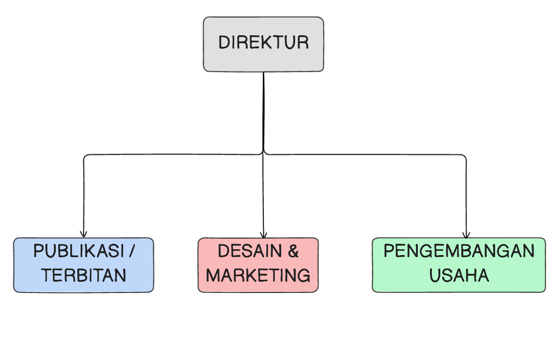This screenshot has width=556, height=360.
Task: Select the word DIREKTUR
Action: (263, 43)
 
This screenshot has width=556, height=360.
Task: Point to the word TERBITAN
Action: (84, 275)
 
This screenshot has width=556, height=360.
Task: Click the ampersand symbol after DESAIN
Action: (293, 251)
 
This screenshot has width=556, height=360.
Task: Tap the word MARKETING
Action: (258, 275)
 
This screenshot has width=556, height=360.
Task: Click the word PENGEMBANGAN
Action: (459, 251)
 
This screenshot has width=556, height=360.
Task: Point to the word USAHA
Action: (459, 275)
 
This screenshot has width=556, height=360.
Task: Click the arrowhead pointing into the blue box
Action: (83, 234)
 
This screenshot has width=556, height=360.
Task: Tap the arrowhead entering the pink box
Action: (263, 234)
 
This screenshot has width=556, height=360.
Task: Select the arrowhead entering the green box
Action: (466, 234)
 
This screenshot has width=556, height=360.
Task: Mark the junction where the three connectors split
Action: (263, 153)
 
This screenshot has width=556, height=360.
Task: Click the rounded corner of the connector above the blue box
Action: (85, 156)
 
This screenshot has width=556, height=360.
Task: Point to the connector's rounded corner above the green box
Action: (464, 156)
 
